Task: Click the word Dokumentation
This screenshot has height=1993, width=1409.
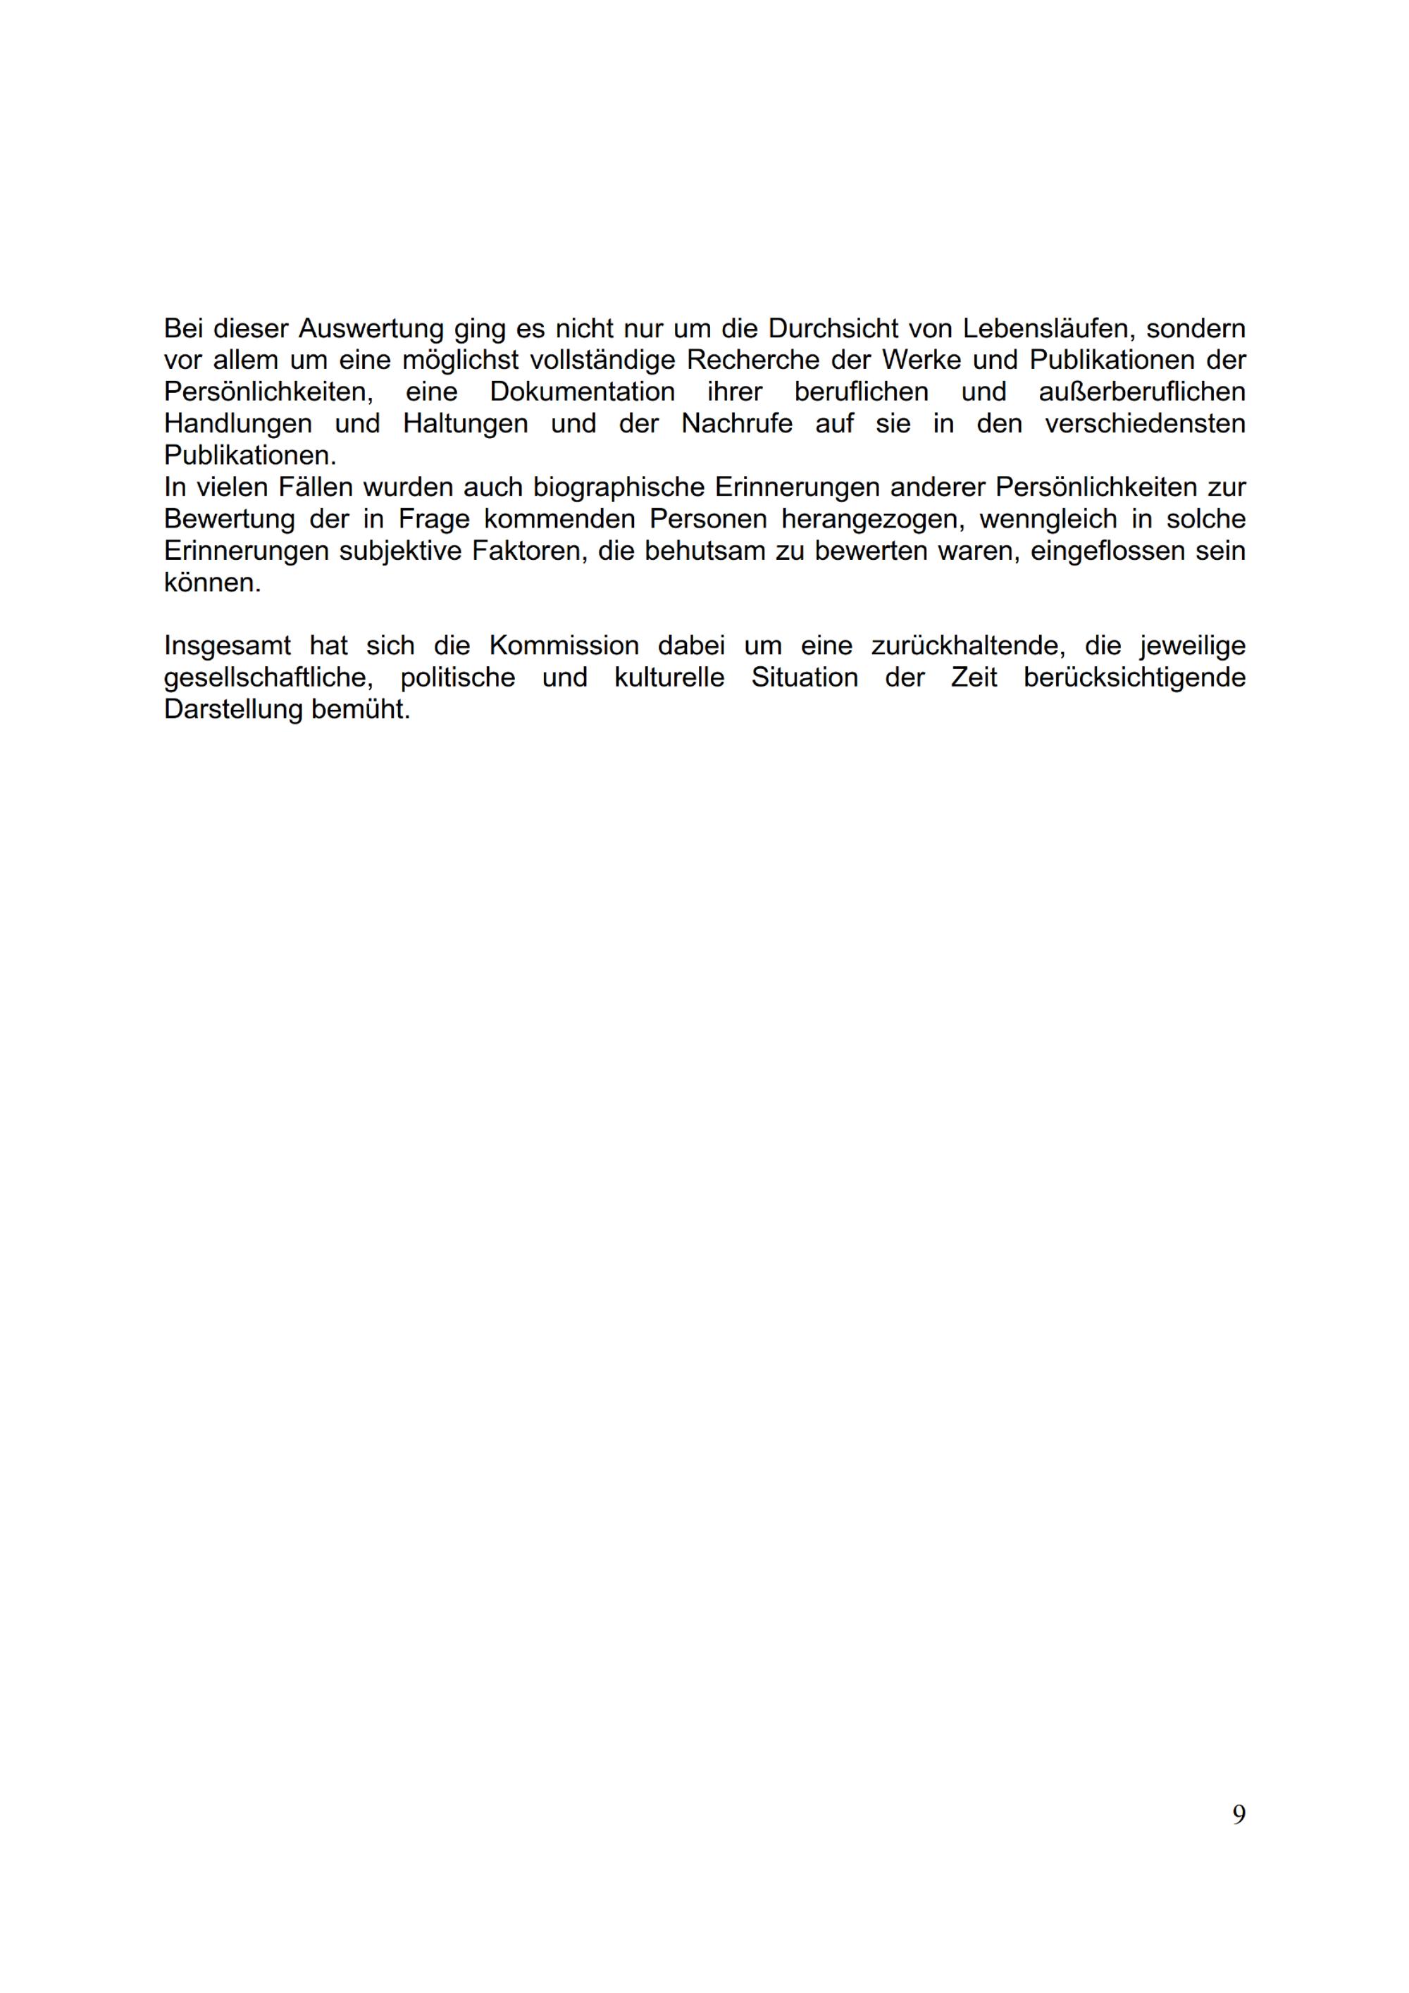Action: pos(582,392)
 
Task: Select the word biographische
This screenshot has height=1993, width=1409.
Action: pos(617,487)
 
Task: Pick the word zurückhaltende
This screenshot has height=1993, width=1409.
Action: pos(965,646)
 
